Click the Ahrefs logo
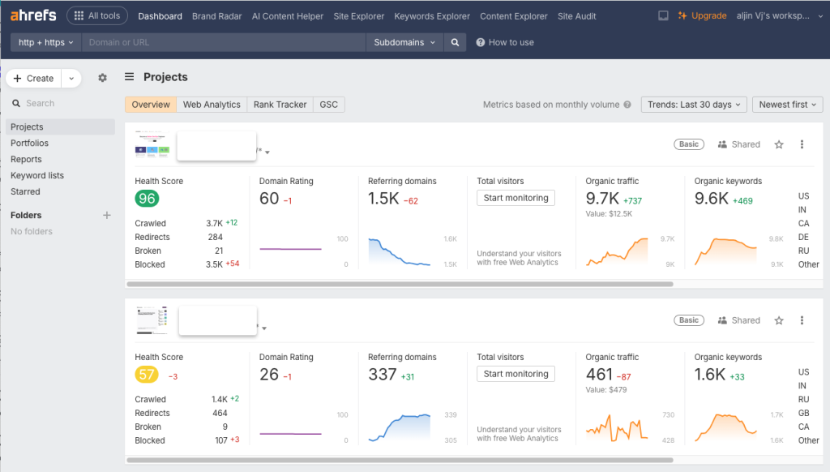tap(33, 15)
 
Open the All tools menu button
tap(97, 15)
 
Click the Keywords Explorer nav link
tap(432, 16)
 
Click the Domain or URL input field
tap(224, 42)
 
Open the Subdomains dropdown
tap(404, 42)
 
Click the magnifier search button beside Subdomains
tap(456, 42)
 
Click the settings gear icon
tap(102, 78)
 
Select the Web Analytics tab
tap(212, 105)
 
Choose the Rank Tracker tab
tap(280, 105)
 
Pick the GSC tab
tap(328, 105)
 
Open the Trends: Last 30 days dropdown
tap(694, 105)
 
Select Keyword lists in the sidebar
tap(37, 175)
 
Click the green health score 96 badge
tap(147, 199)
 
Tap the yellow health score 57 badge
tap(147, 375)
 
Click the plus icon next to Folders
tap(106, 215)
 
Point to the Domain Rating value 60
tap(269, 199)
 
